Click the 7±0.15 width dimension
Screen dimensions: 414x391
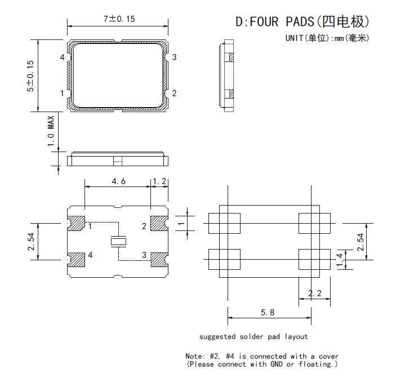pos(119,19)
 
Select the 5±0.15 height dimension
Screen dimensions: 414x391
pos(30,76)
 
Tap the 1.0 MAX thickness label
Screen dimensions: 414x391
pos(51,131)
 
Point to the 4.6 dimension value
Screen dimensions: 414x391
pos(118,181)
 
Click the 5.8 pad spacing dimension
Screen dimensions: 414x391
pos(268,313)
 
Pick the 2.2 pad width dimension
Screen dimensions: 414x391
pos(315,294)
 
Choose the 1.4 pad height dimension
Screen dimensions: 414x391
pos(340,260)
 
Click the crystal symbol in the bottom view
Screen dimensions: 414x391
pos(118,242)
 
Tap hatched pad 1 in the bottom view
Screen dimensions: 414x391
pos(76,223)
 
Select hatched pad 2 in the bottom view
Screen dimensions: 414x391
pos(159,223)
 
